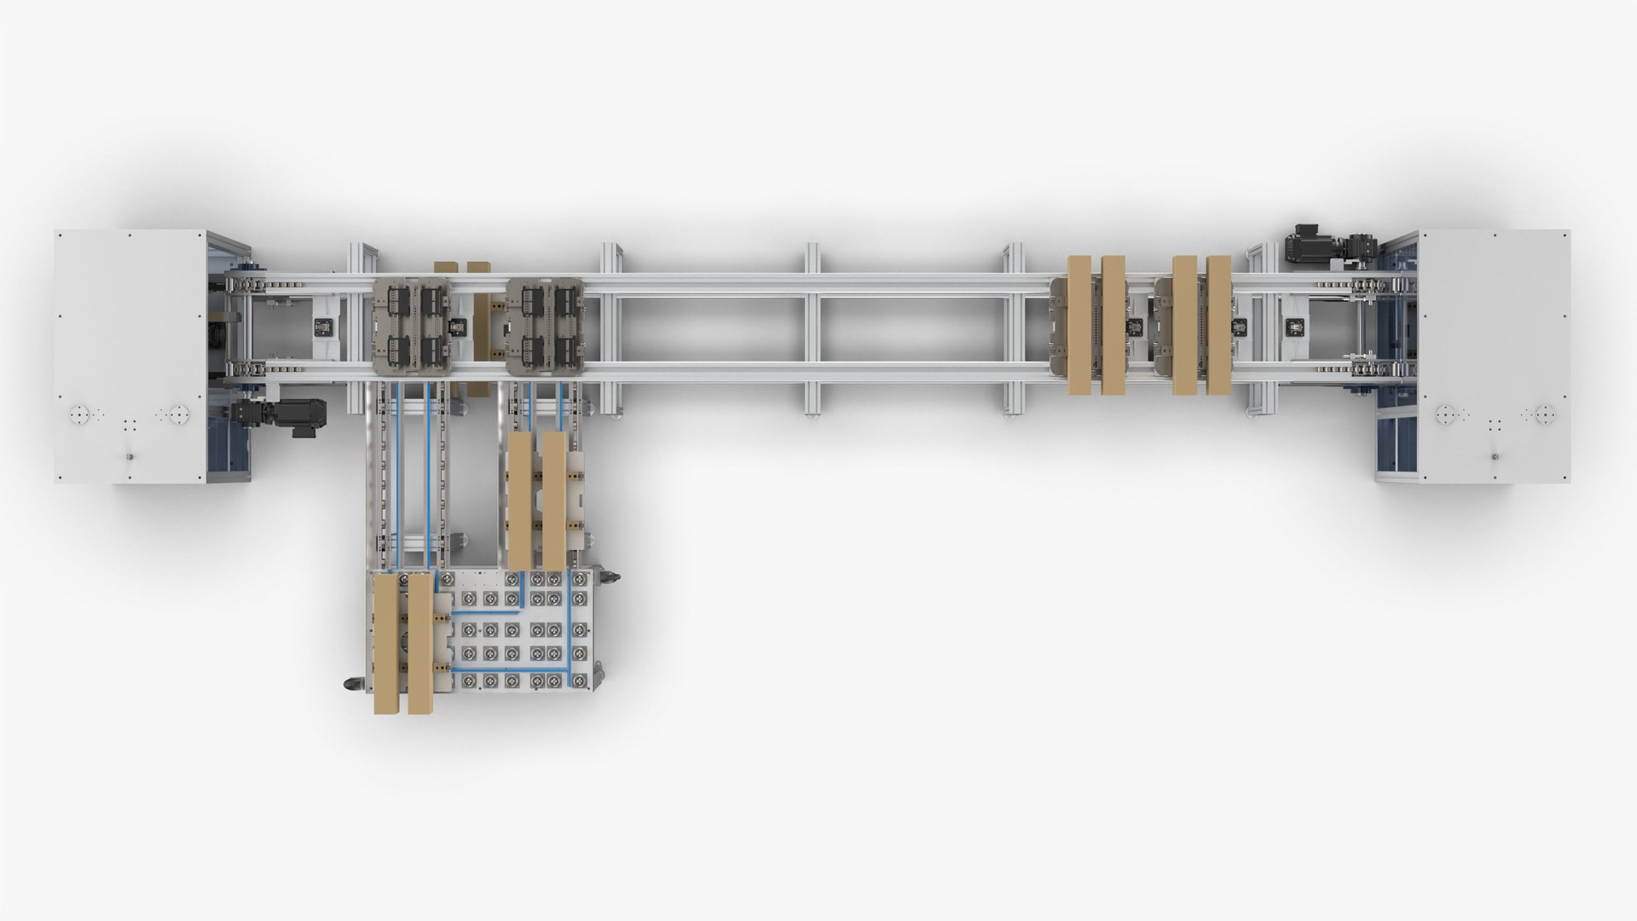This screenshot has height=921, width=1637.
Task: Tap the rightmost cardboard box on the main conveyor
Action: [x=1218, y=325]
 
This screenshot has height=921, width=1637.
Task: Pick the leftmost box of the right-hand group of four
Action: [x=1079, y=325]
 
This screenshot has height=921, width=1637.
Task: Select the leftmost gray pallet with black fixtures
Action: [x=413, y=326]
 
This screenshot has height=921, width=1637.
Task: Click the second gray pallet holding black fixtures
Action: [x=546, y=326]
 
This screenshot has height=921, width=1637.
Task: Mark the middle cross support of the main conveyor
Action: [x=813, y=328]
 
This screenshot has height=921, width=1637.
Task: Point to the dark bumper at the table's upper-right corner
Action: [x=609, y=578]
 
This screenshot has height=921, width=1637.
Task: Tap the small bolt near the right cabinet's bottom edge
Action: [x=1495, y=457]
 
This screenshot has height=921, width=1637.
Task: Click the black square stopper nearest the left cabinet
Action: [x=324, y=326]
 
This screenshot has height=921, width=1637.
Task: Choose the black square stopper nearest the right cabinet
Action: [x=1296, y=326]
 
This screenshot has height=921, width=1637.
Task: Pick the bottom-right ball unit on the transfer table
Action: [x=579, y=680]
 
